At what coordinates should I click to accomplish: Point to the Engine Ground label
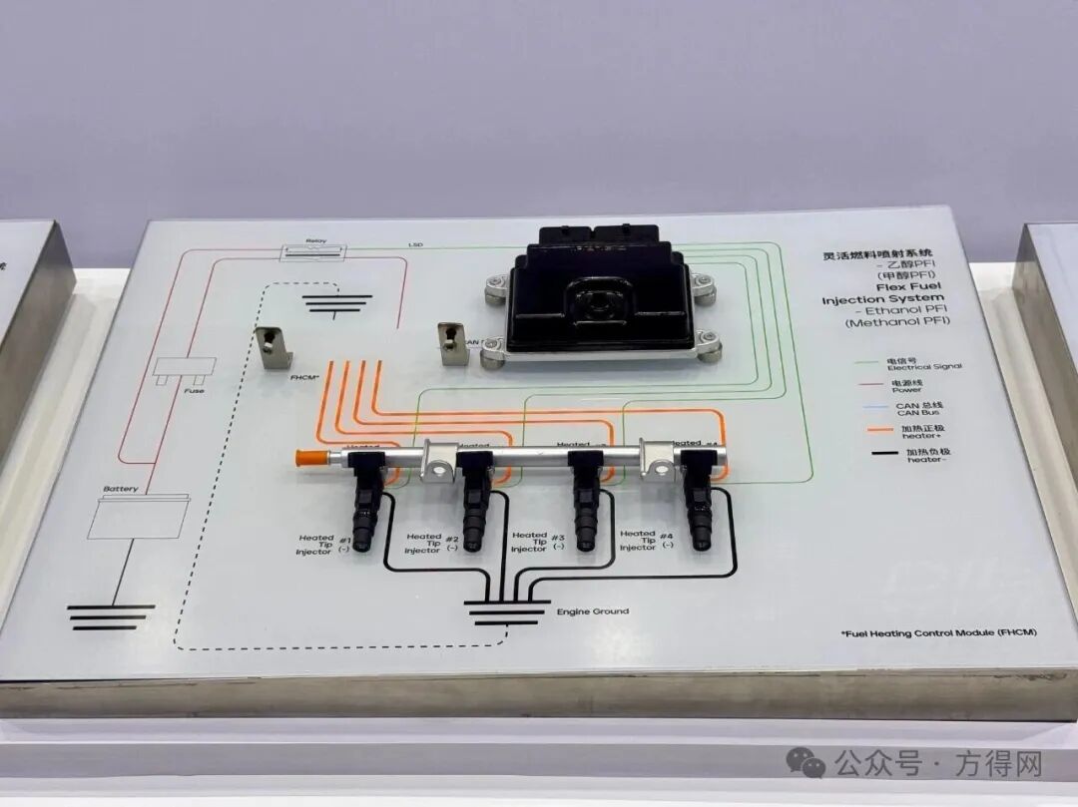point(593,610)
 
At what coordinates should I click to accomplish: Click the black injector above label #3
point(584,504)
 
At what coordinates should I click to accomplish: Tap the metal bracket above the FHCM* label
point(274,347)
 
